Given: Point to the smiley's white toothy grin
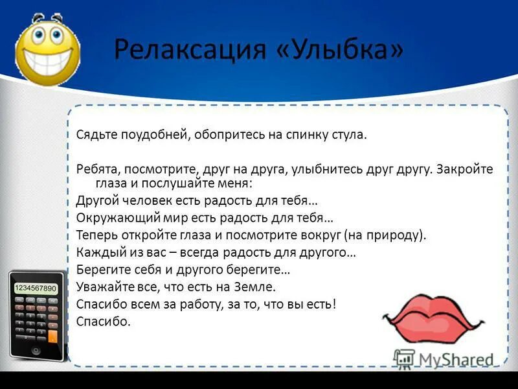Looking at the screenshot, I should (x=49, y=65).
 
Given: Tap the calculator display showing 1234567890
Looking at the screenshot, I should (x=36, y=288).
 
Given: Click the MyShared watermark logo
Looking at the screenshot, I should (x=444, y=359).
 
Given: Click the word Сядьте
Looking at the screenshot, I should (x=95, y=136).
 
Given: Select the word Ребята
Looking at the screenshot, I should (x=96, y=169).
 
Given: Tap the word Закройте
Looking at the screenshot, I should (x=464, y=169).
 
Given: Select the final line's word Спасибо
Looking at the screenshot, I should (x=104, y=320).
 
